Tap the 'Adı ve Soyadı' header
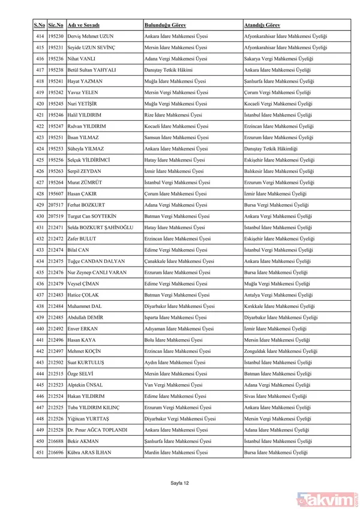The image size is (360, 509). point(83,25)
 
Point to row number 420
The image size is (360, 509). point(40,103)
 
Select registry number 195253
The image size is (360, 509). point(56,148)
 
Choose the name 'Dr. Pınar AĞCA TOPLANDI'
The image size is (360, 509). point(98,430)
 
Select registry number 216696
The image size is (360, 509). point(56,452)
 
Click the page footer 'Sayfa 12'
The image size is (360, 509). point(180,482)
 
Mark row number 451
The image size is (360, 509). point(40,452)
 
